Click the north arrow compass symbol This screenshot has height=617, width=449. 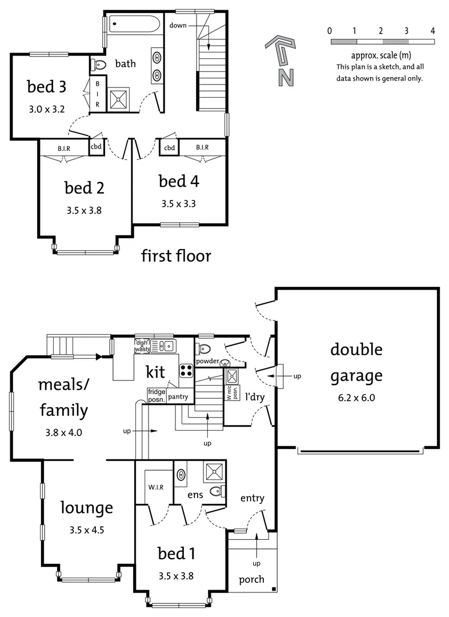283,60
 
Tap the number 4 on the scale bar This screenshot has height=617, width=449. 432,31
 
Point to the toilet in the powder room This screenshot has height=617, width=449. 205,348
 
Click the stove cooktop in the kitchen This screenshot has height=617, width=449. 186,370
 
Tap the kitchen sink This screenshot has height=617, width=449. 166,346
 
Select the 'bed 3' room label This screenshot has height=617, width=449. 47,87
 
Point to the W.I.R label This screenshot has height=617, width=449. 156,487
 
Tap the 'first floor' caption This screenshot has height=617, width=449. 176,256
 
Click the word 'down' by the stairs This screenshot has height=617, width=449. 179,25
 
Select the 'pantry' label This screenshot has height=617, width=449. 178,396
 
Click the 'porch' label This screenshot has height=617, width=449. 251,579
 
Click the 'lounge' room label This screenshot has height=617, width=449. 87,507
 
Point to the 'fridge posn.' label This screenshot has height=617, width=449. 156,395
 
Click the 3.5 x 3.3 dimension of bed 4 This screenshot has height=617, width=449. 179,203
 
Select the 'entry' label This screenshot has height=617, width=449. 252,498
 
